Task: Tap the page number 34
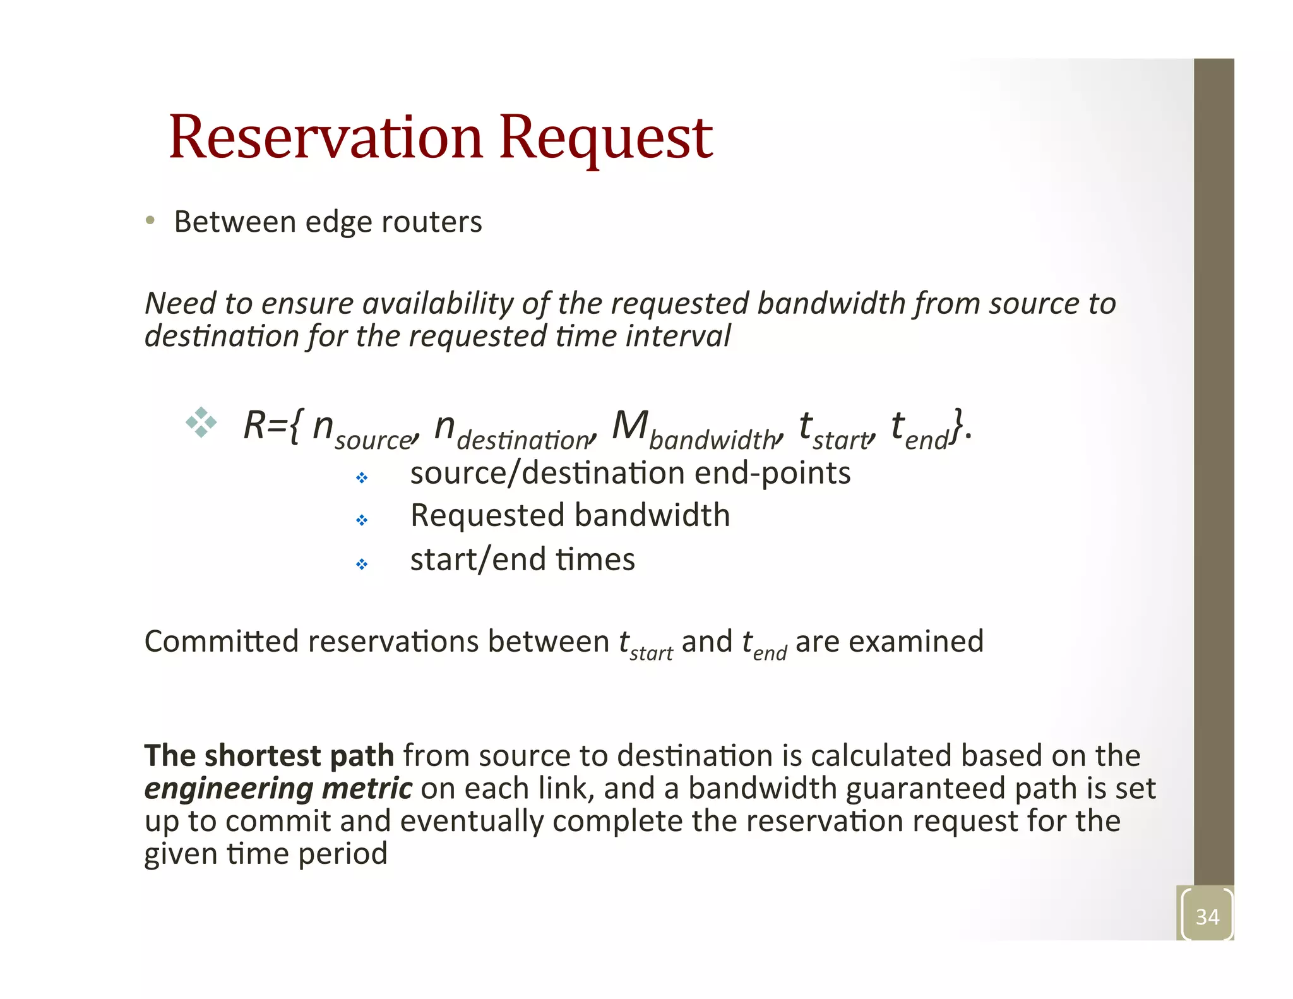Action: coord(1207,917)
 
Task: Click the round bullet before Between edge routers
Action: coord(150,220)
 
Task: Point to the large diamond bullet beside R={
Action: coord(201,422)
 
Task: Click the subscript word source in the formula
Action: coord(373,440)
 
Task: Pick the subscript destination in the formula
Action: coord(523,440)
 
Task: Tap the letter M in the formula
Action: coord(629,425)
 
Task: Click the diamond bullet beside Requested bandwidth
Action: coord(362,520)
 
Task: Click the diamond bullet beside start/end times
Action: coord(362,564)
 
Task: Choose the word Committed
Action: coord(222,642)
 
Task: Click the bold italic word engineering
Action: coord(229,789)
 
